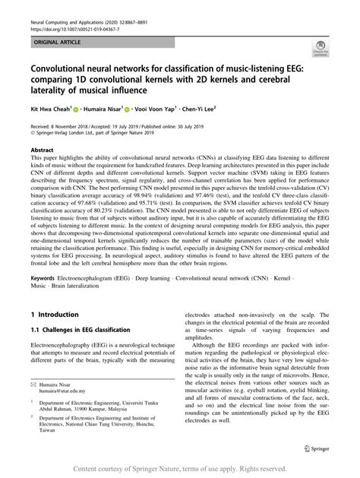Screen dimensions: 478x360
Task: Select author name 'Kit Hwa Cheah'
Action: point(54,109)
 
